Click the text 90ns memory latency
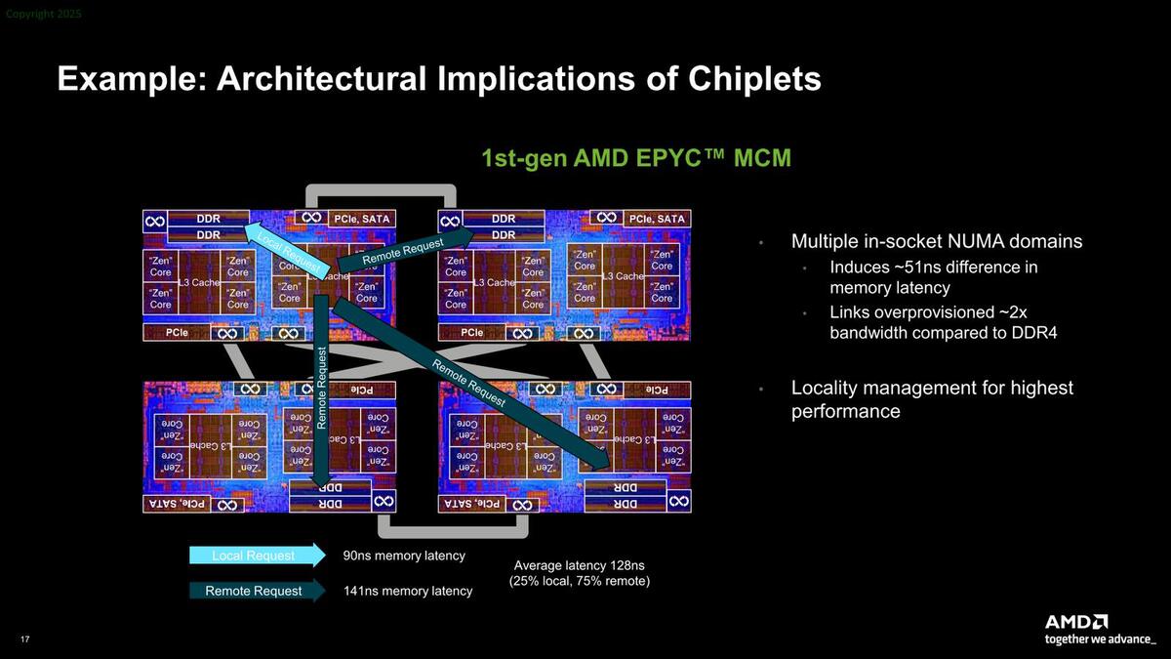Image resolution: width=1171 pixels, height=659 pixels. [404, 556]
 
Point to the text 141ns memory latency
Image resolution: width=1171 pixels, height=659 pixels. [407, 591]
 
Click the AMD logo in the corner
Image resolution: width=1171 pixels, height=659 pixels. [1076, 622]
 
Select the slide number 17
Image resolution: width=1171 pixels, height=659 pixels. [25, 638]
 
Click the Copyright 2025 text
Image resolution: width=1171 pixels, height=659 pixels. [44, 14]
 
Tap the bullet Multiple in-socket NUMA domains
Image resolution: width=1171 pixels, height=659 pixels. [936, 241]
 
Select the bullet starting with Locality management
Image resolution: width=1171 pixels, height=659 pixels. [931, 399]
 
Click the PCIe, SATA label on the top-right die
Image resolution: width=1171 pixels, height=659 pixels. [656, 219]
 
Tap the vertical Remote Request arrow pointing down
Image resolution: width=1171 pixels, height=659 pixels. [321, 391]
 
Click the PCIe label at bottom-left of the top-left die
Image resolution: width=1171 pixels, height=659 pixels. [177, 333]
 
